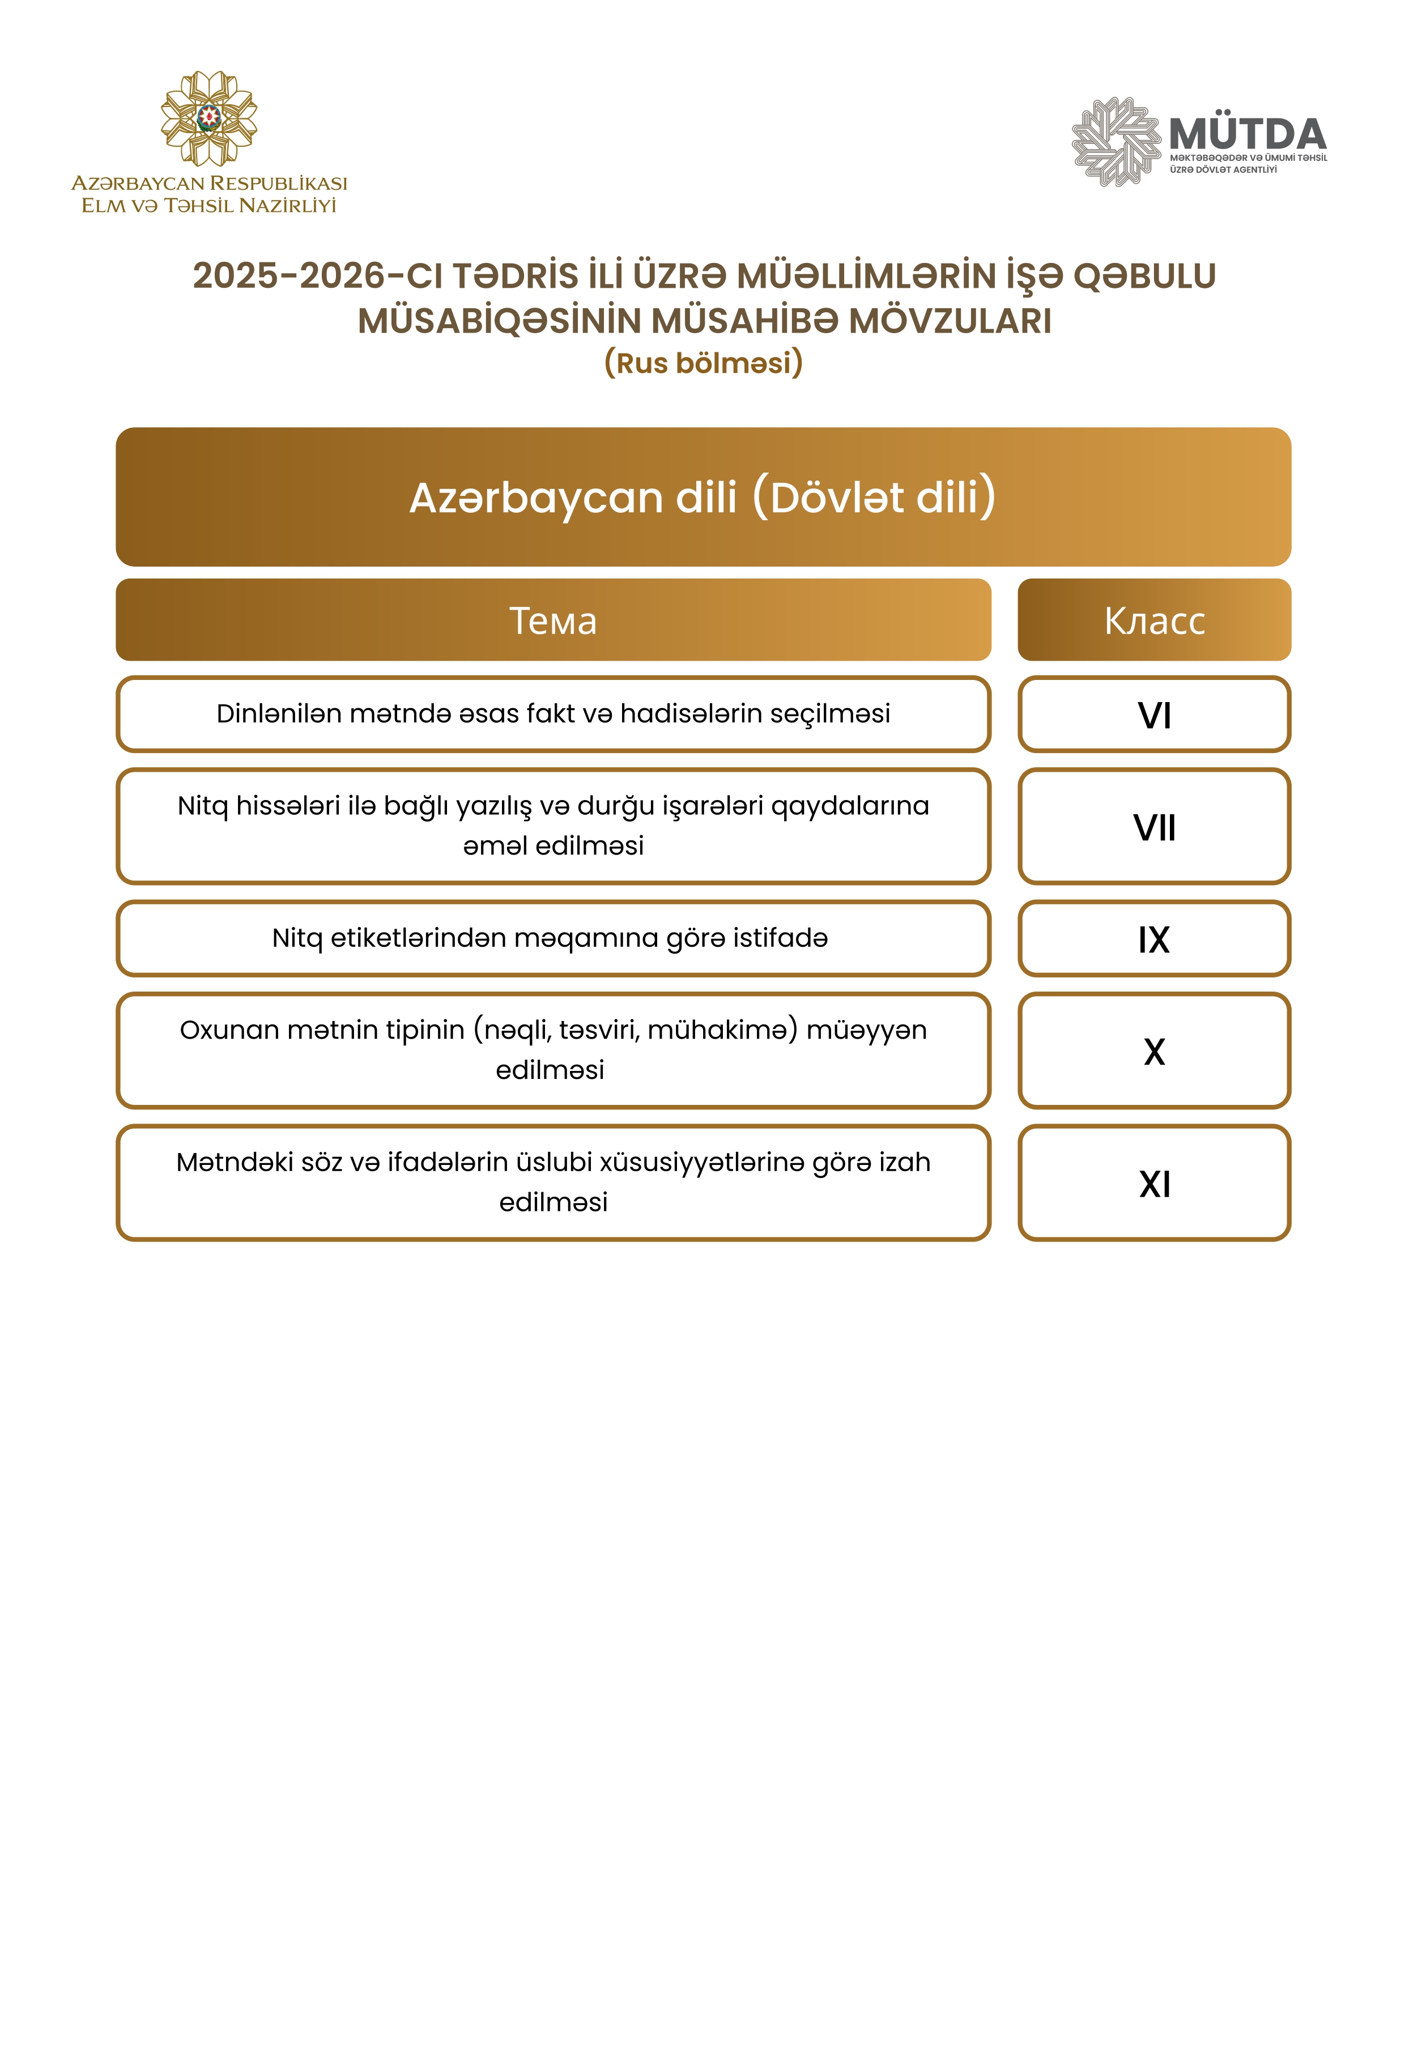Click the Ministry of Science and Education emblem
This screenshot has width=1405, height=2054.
[208, 118]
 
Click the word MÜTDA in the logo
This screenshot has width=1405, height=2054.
[1247, 134]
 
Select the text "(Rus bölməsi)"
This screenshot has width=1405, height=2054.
[704, 363]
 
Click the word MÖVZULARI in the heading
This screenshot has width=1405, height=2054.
[950, 321]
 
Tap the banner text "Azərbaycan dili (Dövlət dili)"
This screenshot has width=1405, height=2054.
[704, 497]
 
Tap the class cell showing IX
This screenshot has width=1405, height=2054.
[1154, 939]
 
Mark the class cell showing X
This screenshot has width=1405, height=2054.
[1154, 1052]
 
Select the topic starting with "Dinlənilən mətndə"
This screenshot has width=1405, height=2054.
[553, 713]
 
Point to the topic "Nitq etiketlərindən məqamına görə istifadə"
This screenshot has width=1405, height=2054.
[550, 938]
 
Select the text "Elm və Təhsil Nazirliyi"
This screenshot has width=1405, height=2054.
[208, 206]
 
